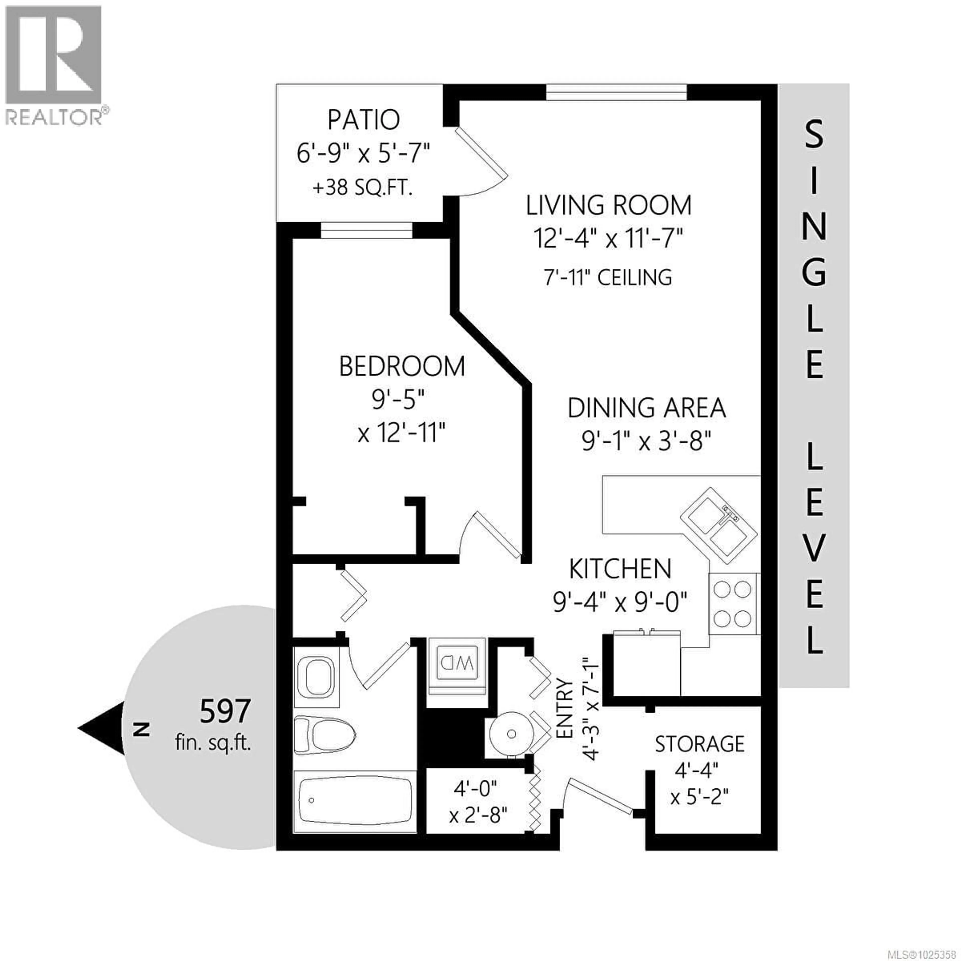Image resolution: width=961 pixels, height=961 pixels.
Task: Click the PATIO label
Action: click(x=364, y=120)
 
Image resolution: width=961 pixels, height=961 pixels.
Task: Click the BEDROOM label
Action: click(x=402, y=367)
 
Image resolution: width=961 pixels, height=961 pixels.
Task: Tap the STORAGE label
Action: click(x=699, y=744)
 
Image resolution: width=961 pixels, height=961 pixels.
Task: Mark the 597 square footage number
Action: click(x=225, y=711)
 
